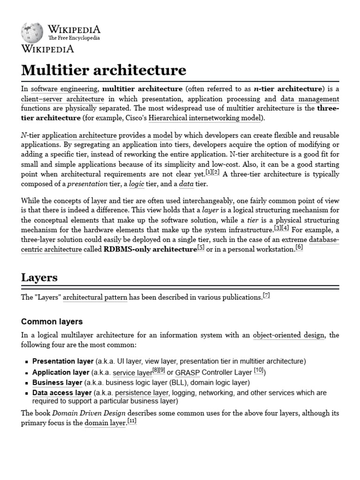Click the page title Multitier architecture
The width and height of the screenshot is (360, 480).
pyautogui.click(x=104, y=70)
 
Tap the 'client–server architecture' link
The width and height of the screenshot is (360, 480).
pyautogui.click(x=62, y=99)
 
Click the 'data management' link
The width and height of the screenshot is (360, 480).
pyautogui.click(x=309, y=99)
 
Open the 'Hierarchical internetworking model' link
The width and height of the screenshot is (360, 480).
pyautogui.click(x=204, y=118)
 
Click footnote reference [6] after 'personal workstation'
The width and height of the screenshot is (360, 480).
pyautogui.click(x=299, y=247)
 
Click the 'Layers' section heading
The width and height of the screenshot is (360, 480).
pyautogui.click(x=39, y=277)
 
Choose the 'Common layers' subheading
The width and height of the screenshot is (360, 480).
pyautogui.click(x=52, y=322)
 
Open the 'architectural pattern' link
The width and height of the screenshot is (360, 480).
pyautogui.click(x=95, y=297)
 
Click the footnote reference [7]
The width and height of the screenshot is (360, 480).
pyautogui.click(x=266, y=295)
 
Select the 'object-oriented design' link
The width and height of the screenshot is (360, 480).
pyautogui.click(x=288, y=335)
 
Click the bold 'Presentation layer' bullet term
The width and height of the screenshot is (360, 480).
pyautogui.click(x=63, y=361)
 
